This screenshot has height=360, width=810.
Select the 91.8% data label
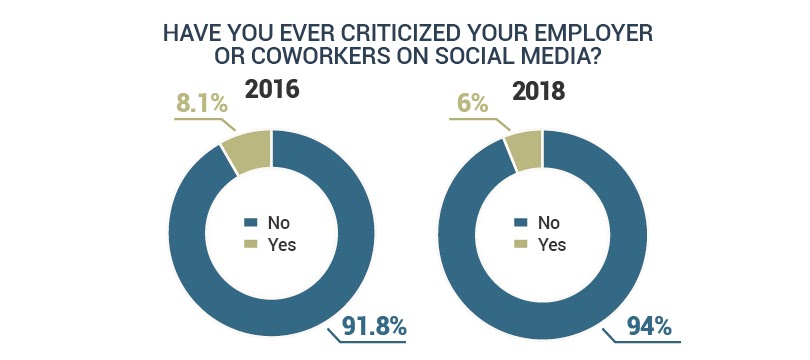click(370, 326)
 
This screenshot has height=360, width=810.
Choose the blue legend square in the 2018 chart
click(519, 222)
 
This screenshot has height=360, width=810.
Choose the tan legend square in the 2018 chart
click(519, 242)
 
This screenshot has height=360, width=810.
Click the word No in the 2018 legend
click(549, 222)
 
